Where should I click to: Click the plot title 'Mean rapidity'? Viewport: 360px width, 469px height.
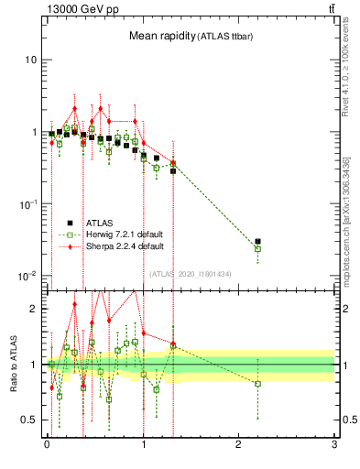pos(160,36)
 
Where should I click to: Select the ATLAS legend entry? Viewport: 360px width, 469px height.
pos(101,222)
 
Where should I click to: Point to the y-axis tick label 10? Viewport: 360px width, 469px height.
pos(30,60)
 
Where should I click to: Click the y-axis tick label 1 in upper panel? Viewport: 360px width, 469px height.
pos(33,133)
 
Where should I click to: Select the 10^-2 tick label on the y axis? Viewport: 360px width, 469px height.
pos(27,276)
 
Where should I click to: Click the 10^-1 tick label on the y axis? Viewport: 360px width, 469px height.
pos(27,204)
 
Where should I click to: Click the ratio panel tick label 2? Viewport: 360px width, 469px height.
pos(34,309)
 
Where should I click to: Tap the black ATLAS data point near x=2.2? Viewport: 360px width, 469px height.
pos(257,242)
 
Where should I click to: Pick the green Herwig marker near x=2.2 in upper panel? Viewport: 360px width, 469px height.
pos(257,249)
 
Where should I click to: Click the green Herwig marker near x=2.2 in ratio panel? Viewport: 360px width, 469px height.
pos(257,383)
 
